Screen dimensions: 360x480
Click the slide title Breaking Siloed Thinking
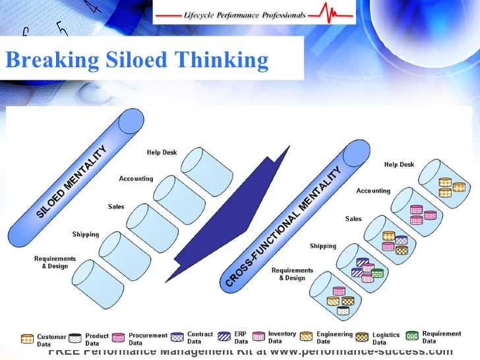click(136, 61)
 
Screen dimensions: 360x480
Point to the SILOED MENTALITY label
click(71, 179)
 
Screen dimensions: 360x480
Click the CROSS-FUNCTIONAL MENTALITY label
click(284, 227)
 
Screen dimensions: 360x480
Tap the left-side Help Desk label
click(162, 153)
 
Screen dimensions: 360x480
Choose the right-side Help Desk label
click(399, 165)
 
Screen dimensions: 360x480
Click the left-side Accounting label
click(136, 179)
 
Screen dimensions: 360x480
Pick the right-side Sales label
click(353, 219)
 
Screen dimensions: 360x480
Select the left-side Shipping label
click(86, 234)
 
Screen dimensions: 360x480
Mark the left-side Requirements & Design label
click(55, 262)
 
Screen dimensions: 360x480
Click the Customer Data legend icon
click(27, 339)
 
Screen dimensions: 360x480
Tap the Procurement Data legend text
click(143, 339)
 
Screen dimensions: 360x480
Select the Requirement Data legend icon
click(413, 336)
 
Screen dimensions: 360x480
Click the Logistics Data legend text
click(386, 339)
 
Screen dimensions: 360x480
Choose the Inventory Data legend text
click(282, 337)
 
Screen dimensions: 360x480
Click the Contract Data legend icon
click(177, 336)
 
